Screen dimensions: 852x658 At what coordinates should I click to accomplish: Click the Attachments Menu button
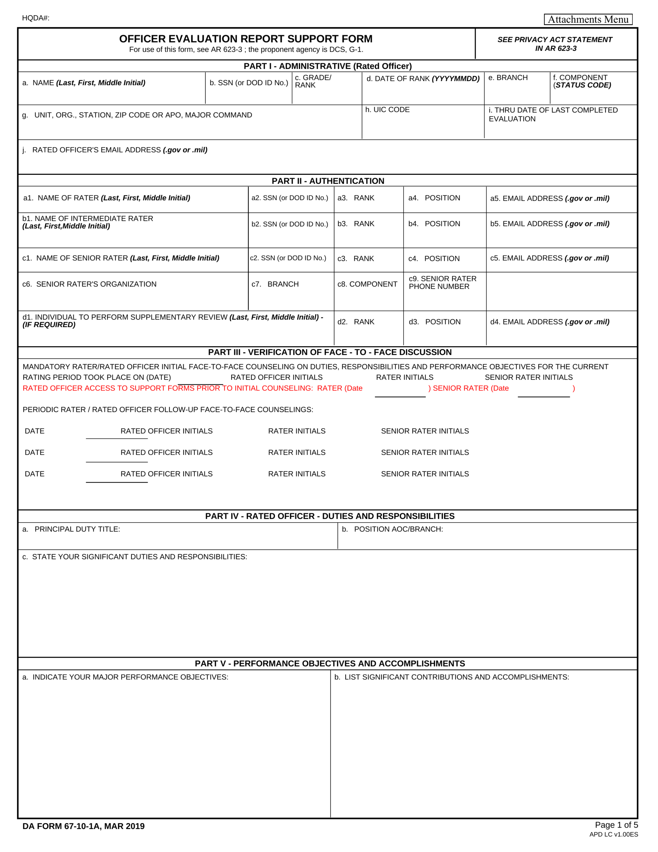coord(588,19)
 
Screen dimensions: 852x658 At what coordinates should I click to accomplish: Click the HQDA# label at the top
coord(36,18)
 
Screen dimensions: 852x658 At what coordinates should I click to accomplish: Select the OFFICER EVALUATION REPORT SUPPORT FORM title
coord(246,39)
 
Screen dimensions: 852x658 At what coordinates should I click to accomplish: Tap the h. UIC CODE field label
coord(387,109)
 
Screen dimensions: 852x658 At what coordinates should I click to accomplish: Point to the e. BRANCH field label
coord(508,78)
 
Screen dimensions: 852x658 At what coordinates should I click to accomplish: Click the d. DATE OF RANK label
coord(423,79)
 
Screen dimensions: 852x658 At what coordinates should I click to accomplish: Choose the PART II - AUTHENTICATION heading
coord(328,181)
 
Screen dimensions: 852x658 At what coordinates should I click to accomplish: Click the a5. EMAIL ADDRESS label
coord(550,198)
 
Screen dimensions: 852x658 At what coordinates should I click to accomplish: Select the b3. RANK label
coord(356,224)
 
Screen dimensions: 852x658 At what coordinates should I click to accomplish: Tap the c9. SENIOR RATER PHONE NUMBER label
coord(442,283)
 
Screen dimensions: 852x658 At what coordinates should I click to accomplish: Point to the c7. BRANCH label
coord(275,284)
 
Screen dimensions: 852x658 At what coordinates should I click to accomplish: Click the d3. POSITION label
coord(434,322)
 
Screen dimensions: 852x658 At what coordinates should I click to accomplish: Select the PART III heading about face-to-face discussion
coord(330,352)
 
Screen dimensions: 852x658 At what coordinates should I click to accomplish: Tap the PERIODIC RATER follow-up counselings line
coord(168,410)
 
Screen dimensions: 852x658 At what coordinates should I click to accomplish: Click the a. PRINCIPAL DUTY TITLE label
coord(72,529)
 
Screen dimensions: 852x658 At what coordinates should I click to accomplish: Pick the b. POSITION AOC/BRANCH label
coord(393,529)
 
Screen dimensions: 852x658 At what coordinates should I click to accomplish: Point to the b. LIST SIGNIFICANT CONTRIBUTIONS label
coord(452,677)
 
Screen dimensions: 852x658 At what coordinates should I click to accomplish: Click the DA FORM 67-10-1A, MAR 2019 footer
coord(83,826)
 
